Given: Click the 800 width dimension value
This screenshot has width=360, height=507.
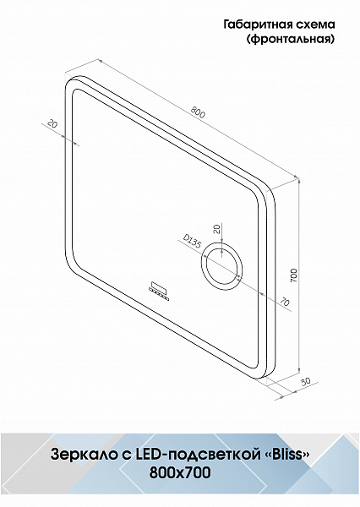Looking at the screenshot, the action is (198, 112).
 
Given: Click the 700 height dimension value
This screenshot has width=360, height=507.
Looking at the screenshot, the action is (293, 275).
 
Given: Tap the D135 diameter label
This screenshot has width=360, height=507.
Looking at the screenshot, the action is (192, 242).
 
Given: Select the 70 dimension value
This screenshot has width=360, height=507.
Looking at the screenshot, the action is (285, 303).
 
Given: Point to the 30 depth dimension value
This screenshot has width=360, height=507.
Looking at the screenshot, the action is (305, 382).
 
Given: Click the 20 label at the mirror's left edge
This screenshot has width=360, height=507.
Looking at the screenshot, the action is (52, 123).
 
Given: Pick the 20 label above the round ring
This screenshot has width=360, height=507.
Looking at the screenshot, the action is (217, 229).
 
